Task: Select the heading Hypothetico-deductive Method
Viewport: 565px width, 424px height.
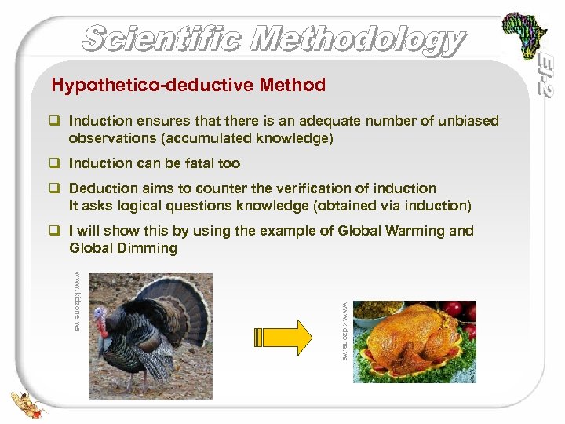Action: [188, 85]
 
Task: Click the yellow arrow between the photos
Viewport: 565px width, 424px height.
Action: [282, 336]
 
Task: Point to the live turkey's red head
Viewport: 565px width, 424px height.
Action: [101, 320]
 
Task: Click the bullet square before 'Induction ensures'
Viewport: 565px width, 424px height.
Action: [56, 122]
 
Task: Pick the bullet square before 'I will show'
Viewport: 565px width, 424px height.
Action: [56, 231]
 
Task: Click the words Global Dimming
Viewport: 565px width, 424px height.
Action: [123, 248]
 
